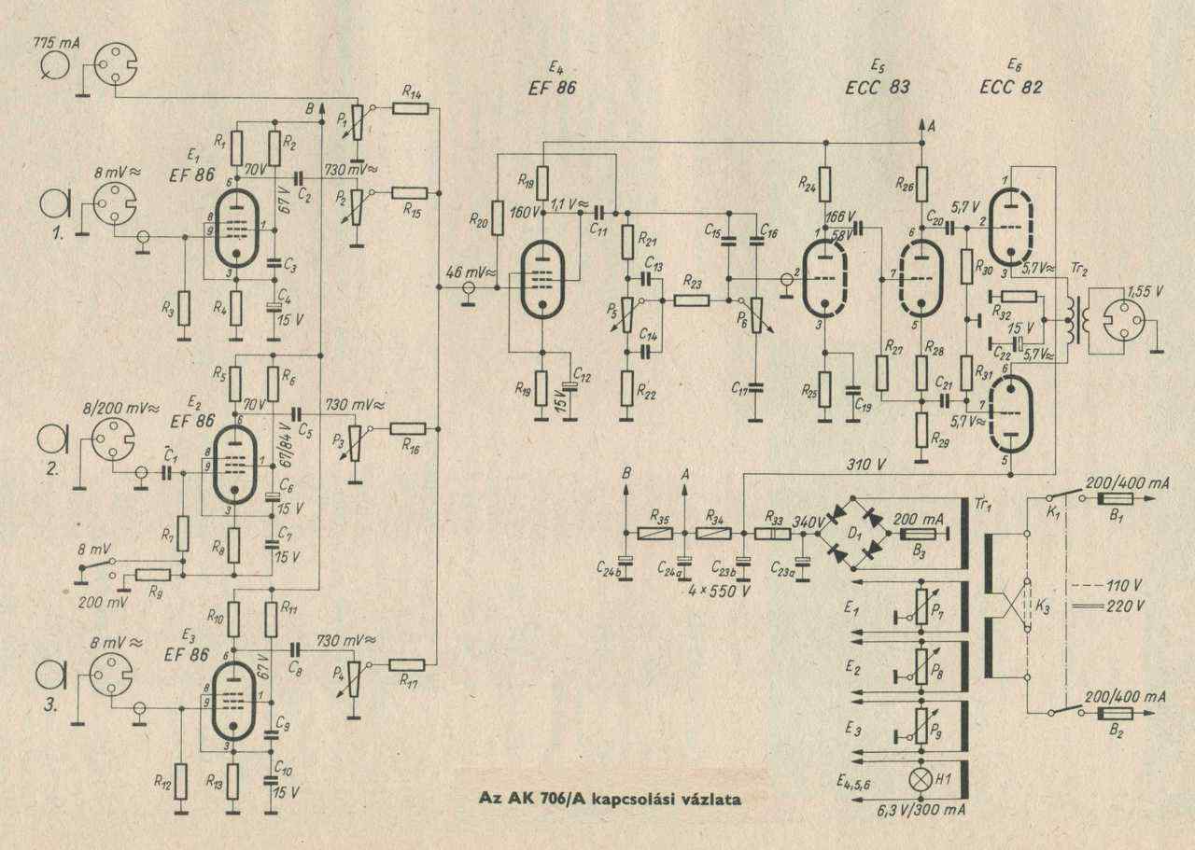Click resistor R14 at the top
411,109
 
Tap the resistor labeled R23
692,300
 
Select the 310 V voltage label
867,462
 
